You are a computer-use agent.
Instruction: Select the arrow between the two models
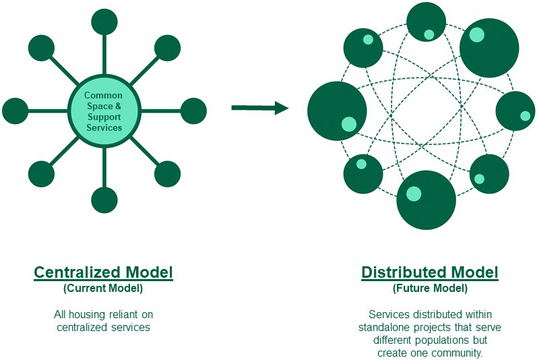(260, 108)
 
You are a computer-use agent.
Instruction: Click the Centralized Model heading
(104, 273)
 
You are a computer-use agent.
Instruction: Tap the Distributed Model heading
(430, 273)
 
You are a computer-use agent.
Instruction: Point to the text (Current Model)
(104, 289)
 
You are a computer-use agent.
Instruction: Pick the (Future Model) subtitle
(430, 289)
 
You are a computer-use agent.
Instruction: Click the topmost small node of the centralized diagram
(104, 22)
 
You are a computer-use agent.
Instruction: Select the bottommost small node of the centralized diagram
(104, 200)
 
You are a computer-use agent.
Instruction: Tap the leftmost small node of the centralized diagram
(15, 111)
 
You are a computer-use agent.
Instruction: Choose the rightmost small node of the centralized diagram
(193, 111)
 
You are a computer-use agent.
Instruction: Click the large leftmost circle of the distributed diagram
(337, 111)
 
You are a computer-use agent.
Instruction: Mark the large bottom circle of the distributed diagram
(427, 200)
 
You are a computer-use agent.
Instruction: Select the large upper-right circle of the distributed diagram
(489, 48)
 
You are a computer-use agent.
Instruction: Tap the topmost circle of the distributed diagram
(426, 22)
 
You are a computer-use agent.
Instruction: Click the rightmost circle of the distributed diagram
(515, 111)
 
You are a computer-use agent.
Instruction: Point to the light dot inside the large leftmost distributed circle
(349, 123)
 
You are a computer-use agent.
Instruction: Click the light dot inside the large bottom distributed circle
(414, 194)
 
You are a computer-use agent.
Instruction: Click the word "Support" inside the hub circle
(104, 117)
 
